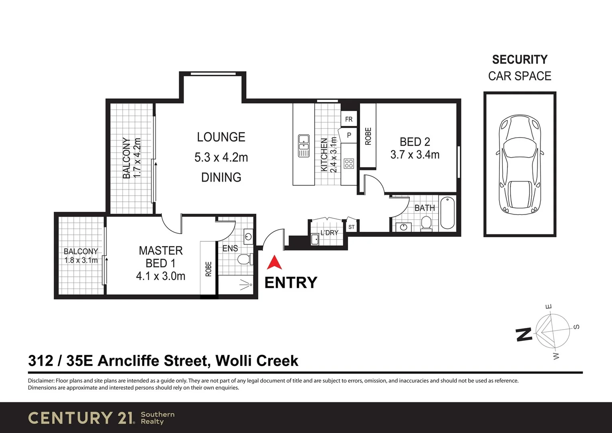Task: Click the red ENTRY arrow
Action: click(274, 263)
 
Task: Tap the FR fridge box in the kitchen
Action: click(349, 119)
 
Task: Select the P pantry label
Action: click(349, 136)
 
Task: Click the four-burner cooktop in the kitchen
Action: click(349, 163)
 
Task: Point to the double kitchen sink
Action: click(304, 146)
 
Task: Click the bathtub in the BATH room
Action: click(447, 212)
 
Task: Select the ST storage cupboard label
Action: click(351, 227)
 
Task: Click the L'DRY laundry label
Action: click(329, 233)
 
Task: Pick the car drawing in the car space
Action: click(519, 164)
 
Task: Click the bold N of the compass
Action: click(523, 334)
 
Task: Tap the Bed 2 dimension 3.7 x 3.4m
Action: click(415, 155)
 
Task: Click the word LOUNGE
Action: click(221, 137)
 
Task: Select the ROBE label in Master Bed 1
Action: click(208, 269)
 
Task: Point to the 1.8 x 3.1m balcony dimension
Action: click(81, 260)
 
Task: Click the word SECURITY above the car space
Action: click(519, 60)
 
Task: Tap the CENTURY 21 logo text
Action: click(81, 418)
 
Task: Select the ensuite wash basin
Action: click(248, 236)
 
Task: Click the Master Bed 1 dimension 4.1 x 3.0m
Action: click(161, 276)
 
